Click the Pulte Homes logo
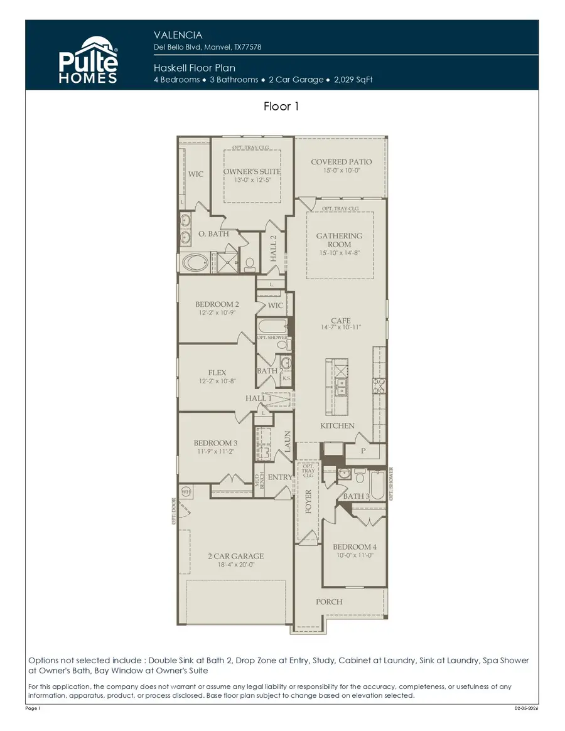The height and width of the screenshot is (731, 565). pyautogui.click(x=89, y=60)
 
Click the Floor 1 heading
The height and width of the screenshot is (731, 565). pyautogui.click(x=281, y=107)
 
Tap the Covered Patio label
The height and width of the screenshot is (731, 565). pyautogui.click(x=341, y=162)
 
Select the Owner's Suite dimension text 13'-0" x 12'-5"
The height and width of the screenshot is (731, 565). pyautogui.click(x=252, y=181)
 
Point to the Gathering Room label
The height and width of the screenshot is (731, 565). pyautogui.click(x=339, y=240)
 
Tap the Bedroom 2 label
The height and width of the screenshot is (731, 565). pyautogui.click(x=217, y=304)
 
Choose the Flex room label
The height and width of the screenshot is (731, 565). pyautogui.click(x=217, y=373)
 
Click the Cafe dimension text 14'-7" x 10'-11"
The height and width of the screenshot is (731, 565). pyautogui.click(x=341, y=328)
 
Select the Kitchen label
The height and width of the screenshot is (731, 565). pyautogui.click(x=338, y=426)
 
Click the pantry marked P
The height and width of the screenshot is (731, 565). pyautogui.click(x=363, y=451)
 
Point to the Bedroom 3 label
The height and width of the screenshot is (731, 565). pyautogui.click(x=215, y=443)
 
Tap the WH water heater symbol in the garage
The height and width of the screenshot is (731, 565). pyautogui.click(x=186, y=491)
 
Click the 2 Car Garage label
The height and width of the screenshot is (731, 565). pyautogui.click(x=236, y=556)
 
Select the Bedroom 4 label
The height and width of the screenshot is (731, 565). pyautogui.click(x=355, y=547)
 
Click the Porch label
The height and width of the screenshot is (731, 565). pyautogui.click(x=329, y=602)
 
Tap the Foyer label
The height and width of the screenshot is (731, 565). pyautogui.click(x=308, y=501)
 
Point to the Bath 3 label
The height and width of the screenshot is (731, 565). pyautogui.click(x=356, y=496)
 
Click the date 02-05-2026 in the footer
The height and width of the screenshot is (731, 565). pyautogui.click(x=526, y=708)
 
